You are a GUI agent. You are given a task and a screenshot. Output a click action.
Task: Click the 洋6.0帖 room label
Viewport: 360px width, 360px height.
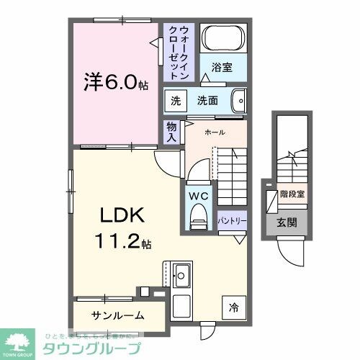[x=115, y=82]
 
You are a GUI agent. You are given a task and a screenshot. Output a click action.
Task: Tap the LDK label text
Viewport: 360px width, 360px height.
[x=119, y=216]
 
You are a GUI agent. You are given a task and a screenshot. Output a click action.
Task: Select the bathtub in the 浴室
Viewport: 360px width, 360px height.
[x=222, y=38]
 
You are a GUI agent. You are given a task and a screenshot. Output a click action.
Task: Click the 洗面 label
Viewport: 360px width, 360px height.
[x=208, y=101]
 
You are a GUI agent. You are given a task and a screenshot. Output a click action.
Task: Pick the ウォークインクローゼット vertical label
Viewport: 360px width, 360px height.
[x=178, y=52]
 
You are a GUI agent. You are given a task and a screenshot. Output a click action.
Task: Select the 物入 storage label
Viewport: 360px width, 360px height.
[x=171, y=131]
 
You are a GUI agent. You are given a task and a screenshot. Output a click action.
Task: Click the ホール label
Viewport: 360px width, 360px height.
[x=215, y=133]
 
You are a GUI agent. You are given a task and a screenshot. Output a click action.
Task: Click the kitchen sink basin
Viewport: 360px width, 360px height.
[x=181, y=274]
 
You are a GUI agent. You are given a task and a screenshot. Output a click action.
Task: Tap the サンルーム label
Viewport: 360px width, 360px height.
[x=117, y=315]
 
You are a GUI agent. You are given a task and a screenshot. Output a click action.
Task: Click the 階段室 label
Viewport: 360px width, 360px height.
[x=292, y=194]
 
